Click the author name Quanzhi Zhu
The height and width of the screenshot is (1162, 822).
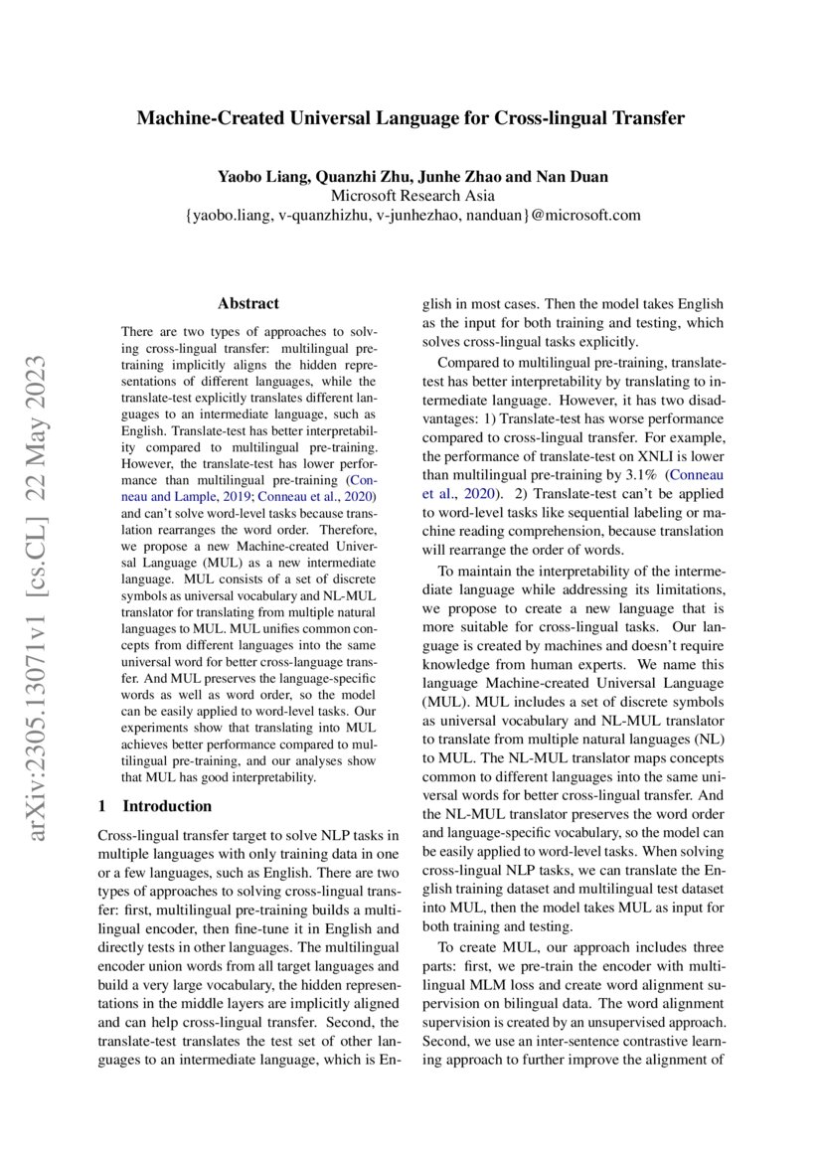pos(363,177)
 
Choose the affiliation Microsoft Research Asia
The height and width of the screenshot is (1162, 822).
pos(412,196)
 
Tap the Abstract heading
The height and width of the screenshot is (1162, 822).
pos(248,303)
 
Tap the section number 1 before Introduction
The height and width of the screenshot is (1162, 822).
pos(105,806)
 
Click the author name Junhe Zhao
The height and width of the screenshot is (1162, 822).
pos(468,177)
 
